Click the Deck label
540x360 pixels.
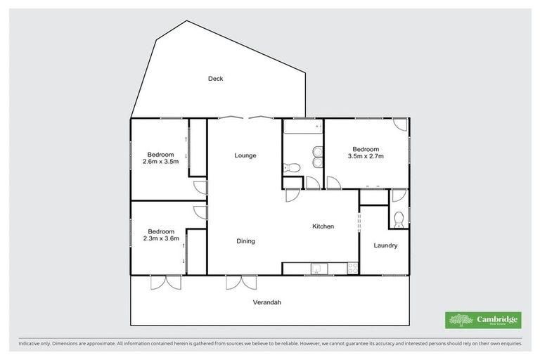coord(215,79)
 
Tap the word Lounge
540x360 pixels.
coord(245,155)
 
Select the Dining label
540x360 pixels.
coord(245,241)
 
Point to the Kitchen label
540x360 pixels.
coord(323,226)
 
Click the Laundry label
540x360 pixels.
coord(385,245)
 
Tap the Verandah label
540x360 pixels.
coord(267,302)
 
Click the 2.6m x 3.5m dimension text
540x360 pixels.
coord(160,162)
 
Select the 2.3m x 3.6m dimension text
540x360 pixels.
coord(160,238)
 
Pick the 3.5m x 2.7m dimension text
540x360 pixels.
coord(365,157)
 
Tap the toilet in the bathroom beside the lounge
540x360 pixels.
coord(292,167)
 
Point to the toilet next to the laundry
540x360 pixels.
coord(398,220)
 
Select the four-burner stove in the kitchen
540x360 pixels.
coord(352,268)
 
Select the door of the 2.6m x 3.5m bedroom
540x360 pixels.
coord(201,187)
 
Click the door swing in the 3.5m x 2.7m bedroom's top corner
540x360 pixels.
coord(399,124)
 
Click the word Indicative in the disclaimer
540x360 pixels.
coord(31,344)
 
